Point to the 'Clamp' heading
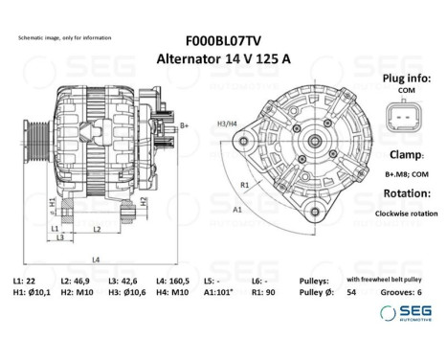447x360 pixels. tap(400, 153)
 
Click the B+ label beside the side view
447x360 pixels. tap(184, 125)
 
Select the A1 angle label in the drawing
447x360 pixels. tap(235, 208)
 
